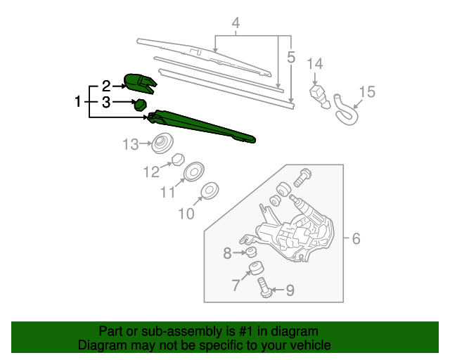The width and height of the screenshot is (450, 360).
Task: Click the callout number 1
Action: tap(78, 103)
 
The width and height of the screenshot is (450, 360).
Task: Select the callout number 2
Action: tap(106, 86)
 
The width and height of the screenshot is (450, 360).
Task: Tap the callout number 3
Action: tap(106, 103)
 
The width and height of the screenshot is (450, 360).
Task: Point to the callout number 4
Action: tap(236, 25)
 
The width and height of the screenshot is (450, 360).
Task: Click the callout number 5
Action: tap(291, 56)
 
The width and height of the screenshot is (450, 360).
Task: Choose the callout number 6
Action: tap(356, 239)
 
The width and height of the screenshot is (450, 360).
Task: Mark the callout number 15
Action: tap(367, 91)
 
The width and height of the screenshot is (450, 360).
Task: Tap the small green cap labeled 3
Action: tap(141, 105)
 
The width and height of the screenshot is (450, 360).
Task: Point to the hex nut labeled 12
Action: tap(179, 158)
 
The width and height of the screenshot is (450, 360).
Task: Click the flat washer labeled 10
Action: tap(210, 191)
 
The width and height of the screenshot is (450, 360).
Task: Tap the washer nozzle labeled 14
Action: tap(320, 95)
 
